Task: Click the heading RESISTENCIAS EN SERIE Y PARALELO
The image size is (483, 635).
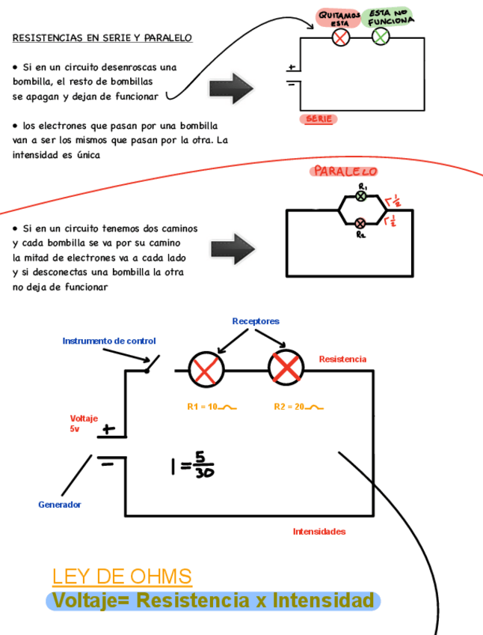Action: (102, 37)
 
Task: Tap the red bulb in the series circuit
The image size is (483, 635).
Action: (341, 37)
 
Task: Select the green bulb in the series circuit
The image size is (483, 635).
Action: (381, 37)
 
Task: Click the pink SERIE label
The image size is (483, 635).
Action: (319, 119)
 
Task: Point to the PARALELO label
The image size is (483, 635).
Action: (345, 171)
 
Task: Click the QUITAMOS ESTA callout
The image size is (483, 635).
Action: (339, 17)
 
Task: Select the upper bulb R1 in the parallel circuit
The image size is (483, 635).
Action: (361, 196)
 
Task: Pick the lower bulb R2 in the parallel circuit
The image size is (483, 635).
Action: (360, 222)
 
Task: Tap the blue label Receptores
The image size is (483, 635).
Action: (256, 321)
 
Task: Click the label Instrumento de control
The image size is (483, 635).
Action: (109, 341)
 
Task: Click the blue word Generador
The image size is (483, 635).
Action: (60, 505)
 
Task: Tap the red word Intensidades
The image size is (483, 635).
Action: (319, 532)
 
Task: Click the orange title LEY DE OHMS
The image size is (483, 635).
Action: (122, 577)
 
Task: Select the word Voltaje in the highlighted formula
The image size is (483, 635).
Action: (90, 601)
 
